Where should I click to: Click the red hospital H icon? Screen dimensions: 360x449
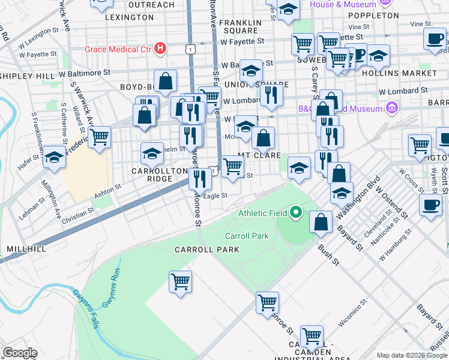click(160, 48)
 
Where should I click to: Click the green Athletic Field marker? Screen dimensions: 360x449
click(295, 212)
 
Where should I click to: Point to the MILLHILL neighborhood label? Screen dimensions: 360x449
click(26, 248)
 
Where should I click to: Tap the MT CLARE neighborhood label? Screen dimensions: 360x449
click(259, 155)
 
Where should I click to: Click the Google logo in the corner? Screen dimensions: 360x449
click(19, 353)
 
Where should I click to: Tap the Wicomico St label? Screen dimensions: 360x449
click(352, 314)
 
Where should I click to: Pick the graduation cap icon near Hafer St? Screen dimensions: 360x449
click(54, 158)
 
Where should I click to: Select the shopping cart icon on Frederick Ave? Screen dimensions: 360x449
click(99, 137)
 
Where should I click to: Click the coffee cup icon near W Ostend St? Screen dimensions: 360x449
click(430, 204)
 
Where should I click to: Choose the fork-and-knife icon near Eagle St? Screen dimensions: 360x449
click(200, 178)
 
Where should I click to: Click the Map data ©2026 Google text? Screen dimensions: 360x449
click(412, 355)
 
